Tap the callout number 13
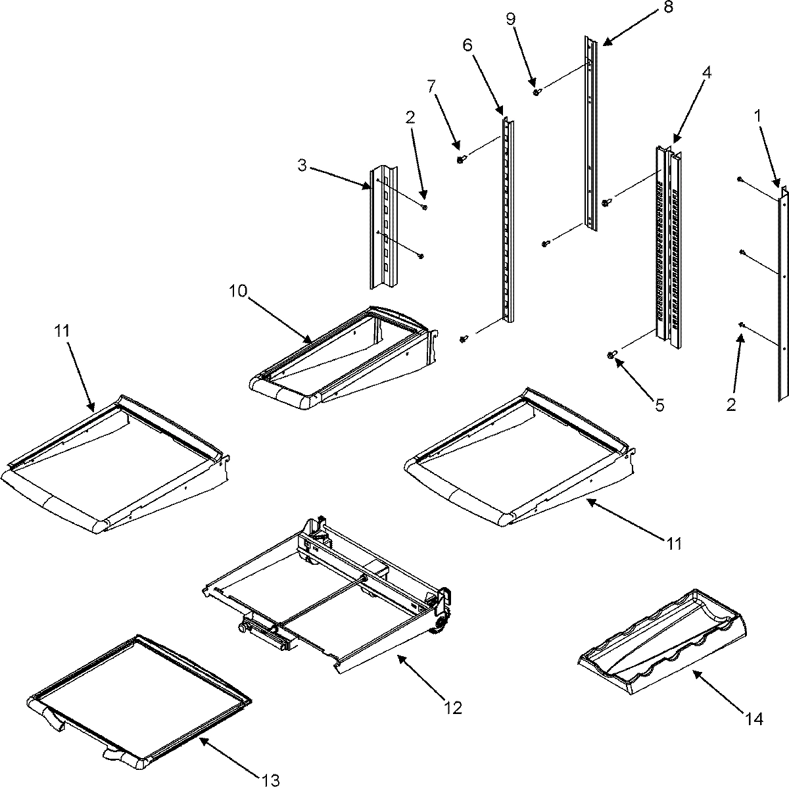[270, 780]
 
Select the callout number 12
[453, 707]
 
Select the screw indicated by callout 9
[537, 93]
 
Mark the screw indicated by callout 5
[611, 356]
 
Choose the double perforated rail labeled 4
[667, 243]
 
